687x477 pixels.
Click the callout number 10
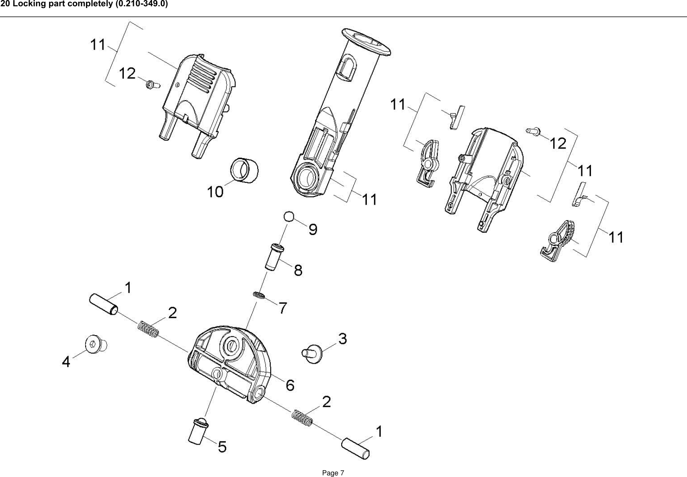(216, 192)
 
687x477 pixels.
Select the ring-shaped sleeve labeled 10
(244, 171)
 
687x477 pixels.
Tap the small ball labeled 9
(288, 217)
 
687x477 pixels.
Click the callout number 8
(298, 270)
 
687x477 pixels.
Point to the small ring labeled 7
(259, 296)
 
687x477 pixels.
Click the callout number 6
(290, 385)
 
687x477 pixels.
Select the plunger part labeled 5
(199, 431)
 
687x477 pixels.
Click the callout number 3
(342, 339)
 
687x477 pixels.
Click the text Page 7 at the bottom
(333, 473)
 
